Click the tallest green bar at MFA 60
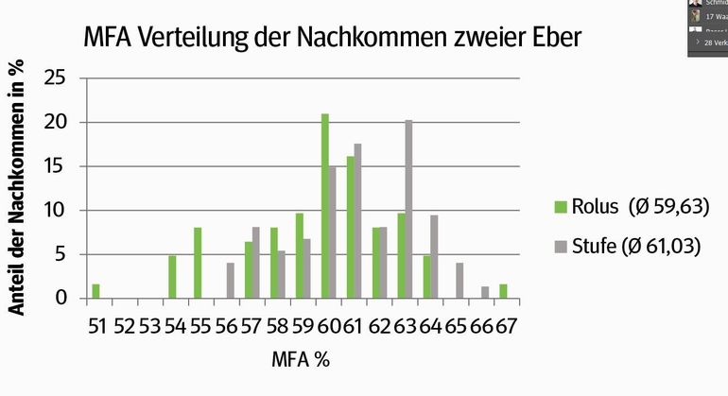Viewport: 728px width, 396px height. (325, 207)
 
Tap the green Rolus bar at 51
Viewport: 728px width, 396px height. (95, 291)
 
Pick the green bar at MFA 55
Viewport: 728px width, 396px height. (199, 263)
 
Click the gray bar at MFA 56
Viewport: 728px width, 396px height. (231, 281)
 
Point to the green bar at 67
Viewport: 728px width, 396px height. (504, 291)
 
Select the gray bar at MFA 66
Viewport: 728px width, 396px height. (485, 293)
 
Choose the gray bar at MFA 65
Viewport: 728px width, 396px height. (459, 281)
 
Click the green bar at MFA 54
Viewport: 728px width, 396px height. (172, 277)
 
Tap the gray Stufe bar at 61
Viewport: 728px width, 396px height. (357, 221)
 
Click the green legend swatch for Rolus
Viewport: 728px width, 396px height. (560, 207)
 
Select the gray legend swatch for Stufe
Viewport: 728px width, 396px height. (560, 248)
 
